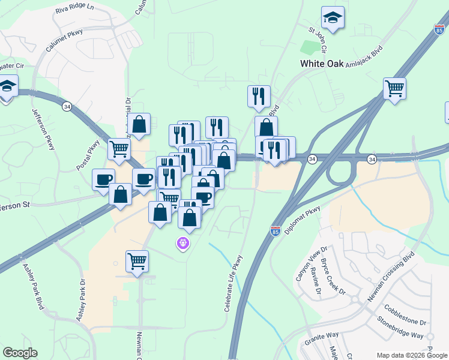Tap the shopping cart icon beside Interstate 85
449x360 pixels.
394,89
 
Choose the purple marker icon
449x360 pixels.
182,243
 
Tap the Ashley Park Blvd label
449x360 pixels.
34,287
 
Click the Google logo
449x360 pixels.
20,353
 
